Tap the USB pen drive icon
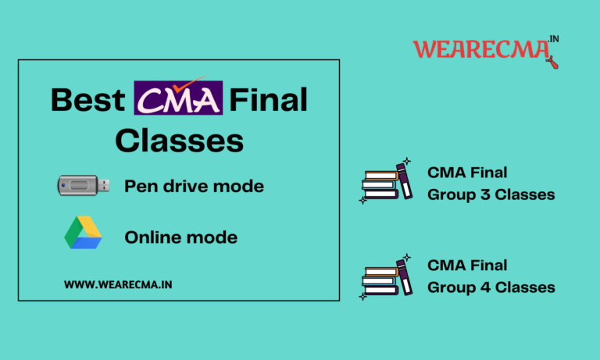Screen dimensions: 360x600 point(84,185)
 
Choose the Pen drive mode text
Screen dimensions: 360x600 point(194,186)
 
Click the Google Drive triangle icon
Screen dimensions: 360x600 point(84,234)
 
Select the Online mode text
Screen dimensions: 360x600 point(180,236)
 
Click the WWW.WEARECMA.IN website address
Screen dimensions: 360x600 point(118,285)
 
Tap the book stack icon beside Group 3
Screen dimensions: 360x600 point(385,183)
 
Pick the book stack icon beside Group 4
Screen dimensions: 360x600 point(385,276)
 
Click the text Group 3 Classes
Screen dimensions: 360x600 point(491,194)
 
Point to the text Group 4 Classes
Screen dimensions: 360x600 point(491,287)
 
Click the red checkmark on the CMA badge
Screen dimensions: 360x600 point(188,83)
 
